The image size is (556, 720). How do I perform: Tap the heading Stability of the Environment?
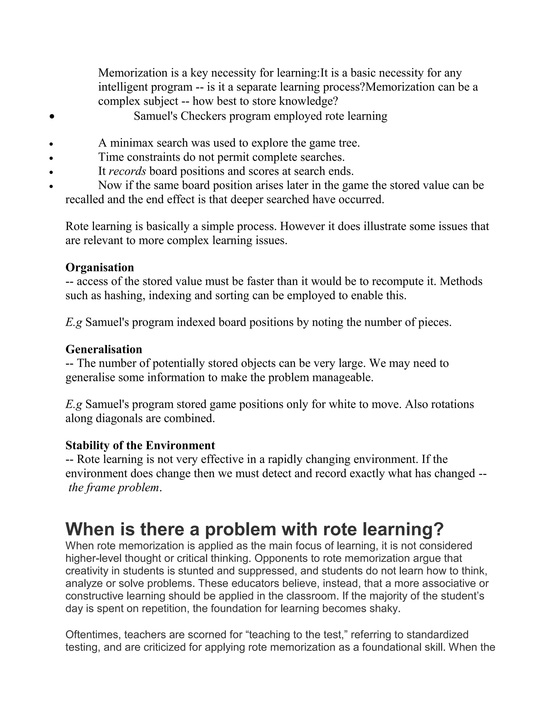click(140, 445)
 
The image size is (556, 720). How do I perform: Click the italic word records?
click(127, 171)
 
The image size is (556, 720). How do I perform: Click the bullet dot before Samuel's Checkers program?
click(51, 116)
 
